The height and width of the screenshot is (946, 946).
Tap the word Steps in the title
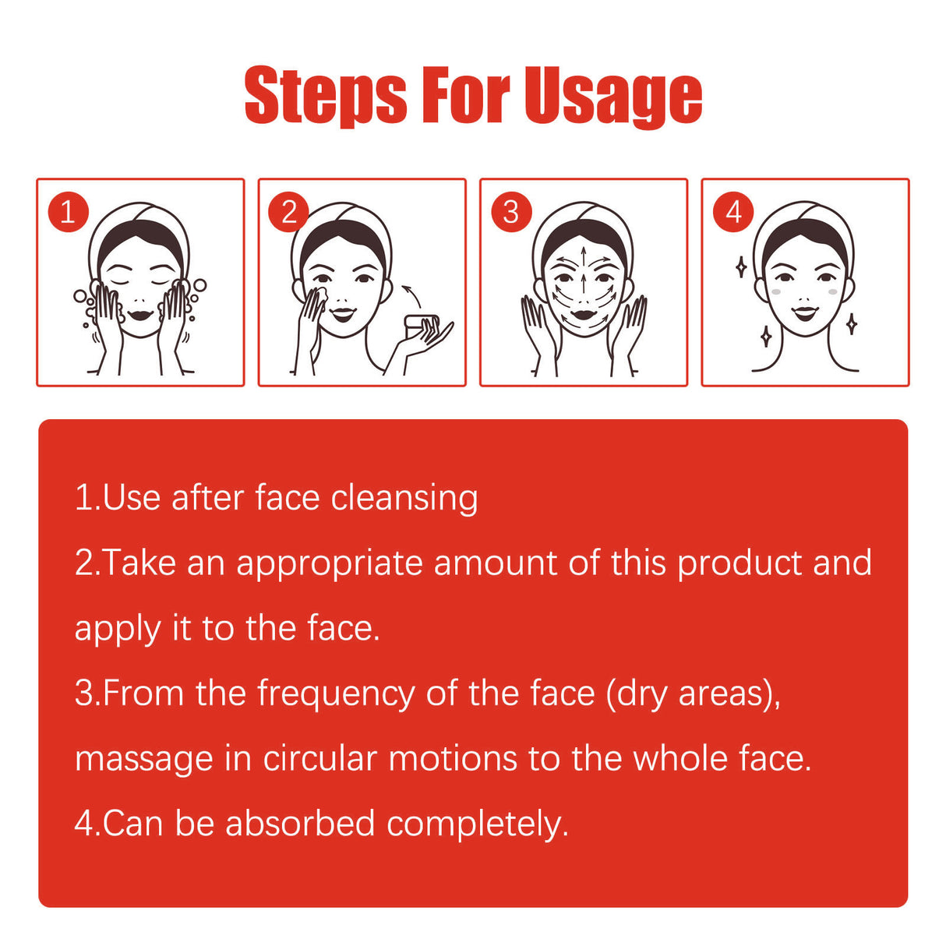(326, 95)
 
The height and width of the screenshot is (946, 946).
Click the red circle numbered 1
(69, 212)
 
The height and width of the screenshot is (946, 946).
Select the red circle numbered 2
(288, 212)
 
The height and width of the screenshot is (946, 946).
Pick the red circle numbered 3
(511, 212)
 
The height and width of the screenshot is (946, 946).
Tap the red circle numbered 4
(733, 212)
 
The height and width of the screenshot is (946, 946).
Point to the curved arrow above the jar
(412, 295)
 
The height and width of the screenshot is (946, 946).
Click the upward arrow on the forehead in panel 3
(583, 256)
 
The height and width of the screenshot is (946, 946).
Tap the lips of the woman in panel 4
(805, 312)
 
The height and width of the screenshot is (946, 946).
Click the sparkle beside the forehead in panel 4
(741, 267)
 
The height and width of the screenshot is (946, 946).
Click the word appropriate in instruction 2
(330, 564)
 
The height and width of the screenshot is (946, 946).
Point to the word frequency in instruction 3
(337, 694)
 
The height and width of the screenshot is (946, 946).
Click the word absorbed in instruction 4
(301, 824)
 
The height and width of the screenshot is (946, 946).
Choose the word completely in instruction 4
(478, 824)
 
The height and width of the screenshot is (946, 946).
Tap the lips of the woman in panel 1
(140, 314)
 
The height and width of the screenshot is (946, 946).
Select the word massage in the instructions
(144, 761)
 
